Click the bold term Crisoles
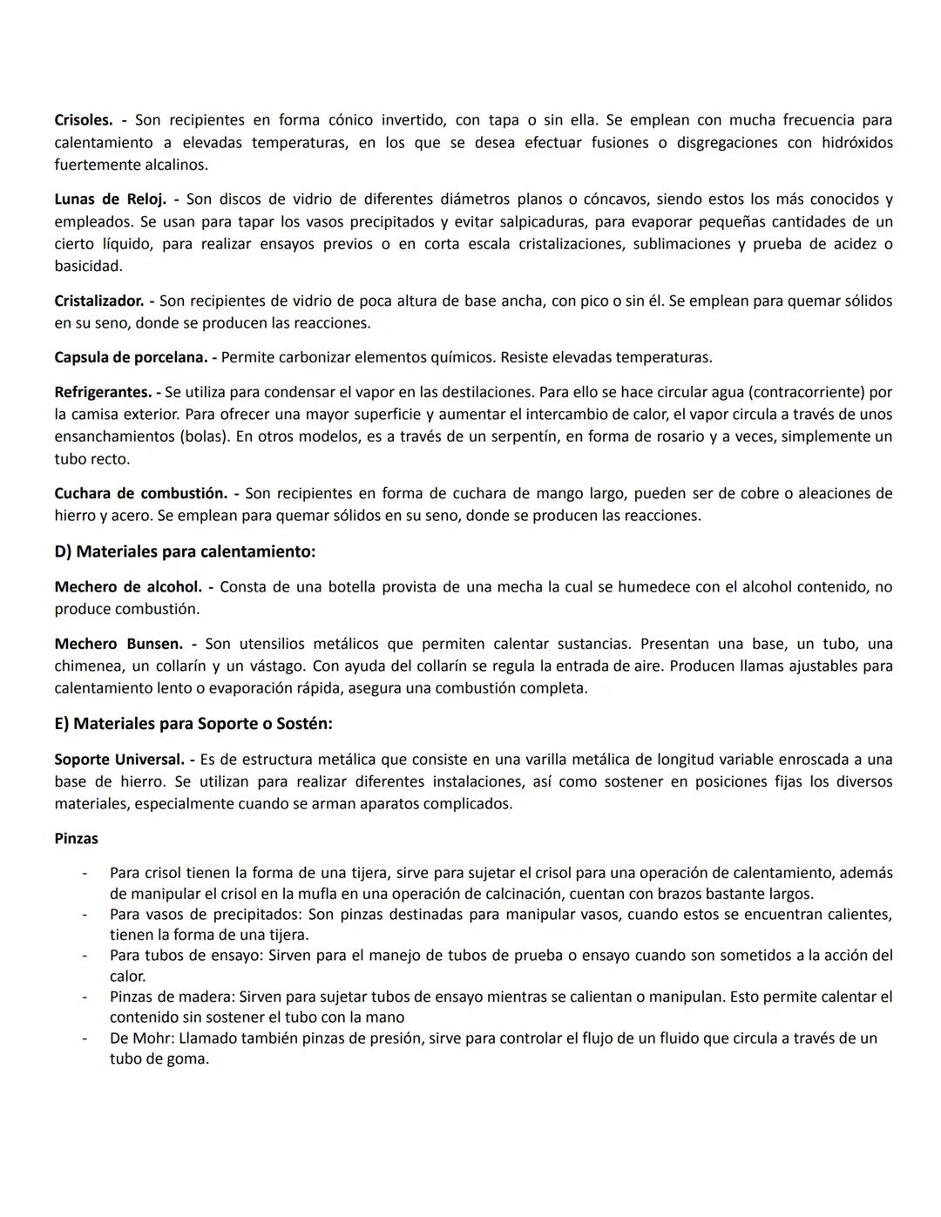click(x=84, y=120)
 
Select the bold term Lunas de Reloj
click(x=110, y=199)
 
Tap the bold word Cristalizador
click(x=98, y=301)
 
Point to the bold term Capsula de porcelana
click(x=131, y=357)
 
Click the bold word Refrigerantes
click(x=102, y=392)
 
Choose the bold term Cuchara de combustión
click(x=140, y=493)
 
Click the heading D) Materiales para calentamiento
click(x=185, y=551)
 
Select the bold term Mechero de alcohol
click(x=127, y=587)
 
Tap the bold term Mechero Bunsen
click(x=118, y=644)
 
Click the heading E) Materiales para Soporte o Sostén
click(x=193, y=724)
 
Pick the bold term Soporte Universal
click(x=118, y=760)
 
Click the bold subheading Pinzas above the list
click(x=76, y=839)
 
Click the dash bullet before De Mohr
click(x=85, y=1038)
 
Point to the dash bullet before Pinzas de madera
click(x=85, y=997)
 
